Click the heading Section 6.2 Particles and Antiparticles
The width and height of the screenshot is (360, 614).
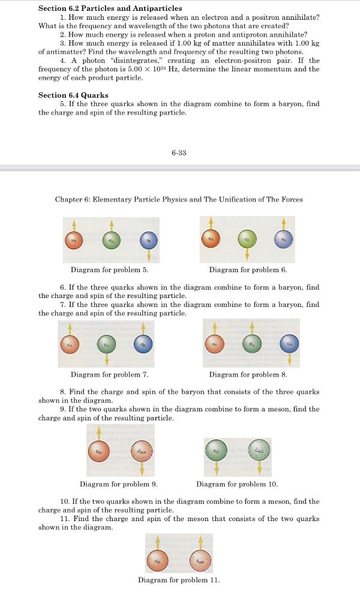pyautogui.click(x=110, y=8)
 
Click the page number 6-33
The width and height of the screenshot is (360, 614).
pyautogui.click(x=179, y=153)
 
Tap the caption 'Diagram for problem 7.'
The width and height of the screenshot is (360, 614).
pyautogui.click(x=109, y=375)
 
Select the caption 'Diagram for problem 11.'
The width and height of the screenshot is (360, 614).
pyautogui.click(x=179, y=580)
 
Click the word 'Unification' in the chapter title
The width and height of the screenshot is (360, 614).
pyautogui.click(x=224, y=199)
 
